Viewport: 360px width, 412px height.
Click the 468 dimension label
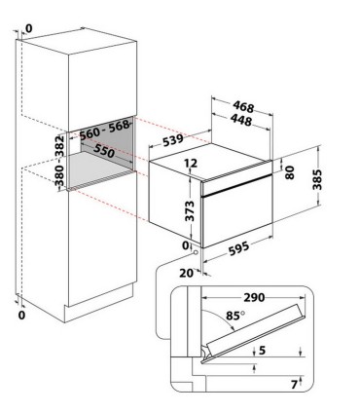point(243,106)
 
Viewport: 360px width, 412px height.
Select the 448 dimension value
point(241,120)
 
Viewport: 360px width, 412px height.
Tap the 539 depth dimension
point(173,140)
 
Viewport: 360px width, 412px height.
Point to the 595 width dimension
point(238,248)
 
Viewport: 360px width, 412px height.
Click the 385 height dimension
point(317,179)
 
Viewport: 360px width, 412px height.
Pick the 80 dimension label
point(289,172)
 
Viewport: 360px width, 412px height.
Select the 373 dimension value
point(190,211)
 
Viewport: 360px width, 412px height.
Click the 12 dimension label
point(191,164)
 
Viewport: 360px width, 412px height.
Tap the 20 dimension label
point(187,274)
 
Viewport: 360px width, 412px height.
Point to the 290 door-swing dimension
point(255,297)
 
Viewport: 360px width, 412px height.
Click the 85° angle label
point(235,316)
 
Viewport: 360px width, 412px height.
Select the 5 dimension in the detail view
point(263,350)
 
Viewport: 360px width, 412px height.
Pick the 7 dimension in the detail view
point(294,385)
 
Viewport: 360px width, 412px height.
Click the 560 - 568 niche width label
point(105,130)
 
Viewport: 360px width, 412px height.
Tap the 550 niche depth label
point(104,151)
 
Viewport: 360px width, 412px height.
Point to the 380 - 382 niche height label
point(59,160)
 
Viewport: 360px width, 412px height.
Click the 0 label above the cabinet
point(29,29)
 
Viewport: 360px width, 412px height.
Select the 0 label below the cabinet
point(21,315)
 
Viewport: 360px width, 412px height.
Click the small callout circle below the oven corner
point(196,252)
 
